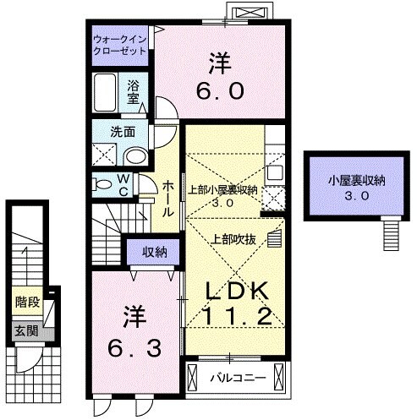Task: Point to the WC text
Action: pos(123,183)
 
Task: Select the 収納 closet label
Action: pos(153,251)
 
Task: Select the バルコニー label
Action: pos(238,377)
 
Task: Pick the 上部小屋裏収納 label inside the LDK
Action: pos(222,189)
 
